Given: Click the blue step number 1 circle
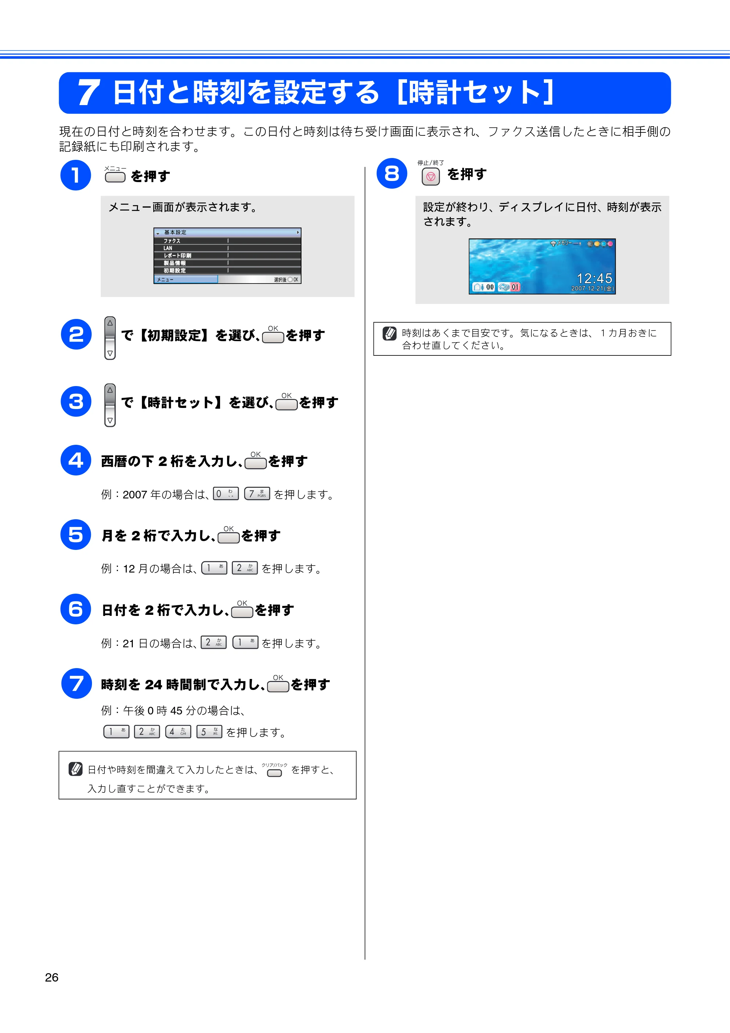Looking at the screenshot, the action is [76, 175].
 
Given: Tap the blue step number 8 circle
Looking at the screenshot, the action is [392, 173].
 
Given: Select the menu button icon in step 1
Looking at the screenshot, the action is [115, 177].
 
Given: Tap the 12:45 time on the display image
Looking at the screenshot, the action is [595, 278].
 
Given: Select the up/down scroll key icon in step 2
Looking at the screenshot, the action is [110, 338].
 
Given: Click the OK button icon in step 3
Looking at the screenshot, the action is [287, 404].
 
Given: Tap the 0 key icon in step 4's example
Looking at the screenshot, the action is [226, 494].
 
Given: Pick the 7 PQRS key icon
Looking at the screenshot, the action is [257, 494].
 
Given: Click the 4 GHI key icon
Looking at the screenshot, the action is [178, 732].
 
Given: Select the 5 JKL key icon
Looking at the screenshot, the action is [209, 732].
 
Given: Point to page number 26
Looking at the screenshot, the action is [52, 977].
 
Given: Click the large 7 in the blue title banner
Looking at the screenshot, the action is [89, 93].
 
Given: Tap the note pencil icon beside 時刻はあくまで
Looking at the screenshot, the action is [390, 334].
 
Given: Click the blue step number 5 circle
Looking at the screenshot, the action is [76, 535].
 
